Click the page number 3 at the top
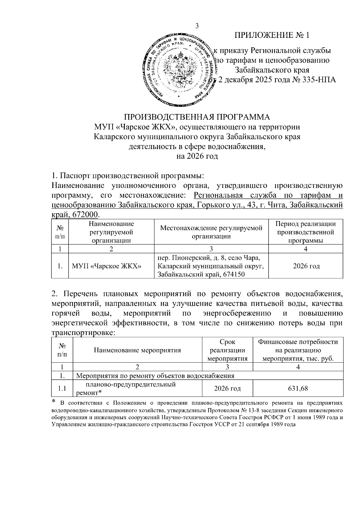[x=197, y=26]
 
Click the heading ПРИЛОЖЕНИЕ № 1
[x=272, y=35]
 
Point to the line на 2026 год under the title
[x=197, y=156]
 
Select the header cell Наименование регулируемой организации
[x=111, y=232]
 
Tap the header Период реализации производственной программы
[x=306, y=232]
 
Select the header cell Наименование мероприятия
[x=137, y=350]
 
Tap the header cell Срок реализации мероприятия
[x=227, y=350]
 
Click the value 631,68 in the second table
[x=298, y=388]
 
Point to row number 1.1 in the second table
[x=62, y=388]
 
